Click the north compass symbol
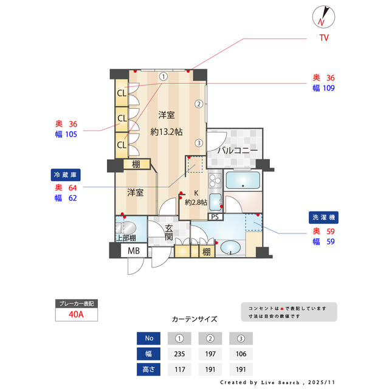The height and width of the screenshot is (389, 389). [x=322, y=16]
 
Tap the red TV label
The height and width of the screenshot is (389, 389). [x=324, y=38]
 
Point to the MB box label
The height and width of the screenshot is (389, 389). [x=133, y=250]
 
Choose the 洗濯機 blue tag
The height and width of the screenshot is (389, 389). [x=322, y=217]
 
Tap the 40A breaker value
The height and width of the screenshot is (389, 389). [x=77, y=314]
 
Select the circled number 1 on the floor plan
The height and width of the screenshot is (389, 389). [x=164, y=77]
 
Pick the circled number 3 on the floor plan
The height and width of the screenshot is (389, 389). [x=199, y=143]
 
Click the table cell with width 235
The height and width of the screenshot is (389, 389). [x=179, y=354]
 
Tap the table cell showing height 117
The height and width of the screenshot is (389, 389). [x=179, y=370]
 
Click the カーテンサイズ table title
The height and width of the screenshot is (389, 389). [x=194, y=319]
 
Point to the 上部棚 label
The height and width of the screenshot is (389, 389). [x=126, y=238]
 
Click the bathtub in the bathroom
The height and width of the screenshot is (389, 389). [x=242, y=181]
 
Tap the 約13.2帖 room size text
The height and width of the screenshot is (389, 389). [x=167, y=131]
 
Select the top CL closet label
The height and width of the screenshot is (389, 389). [x=122, y=93]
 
